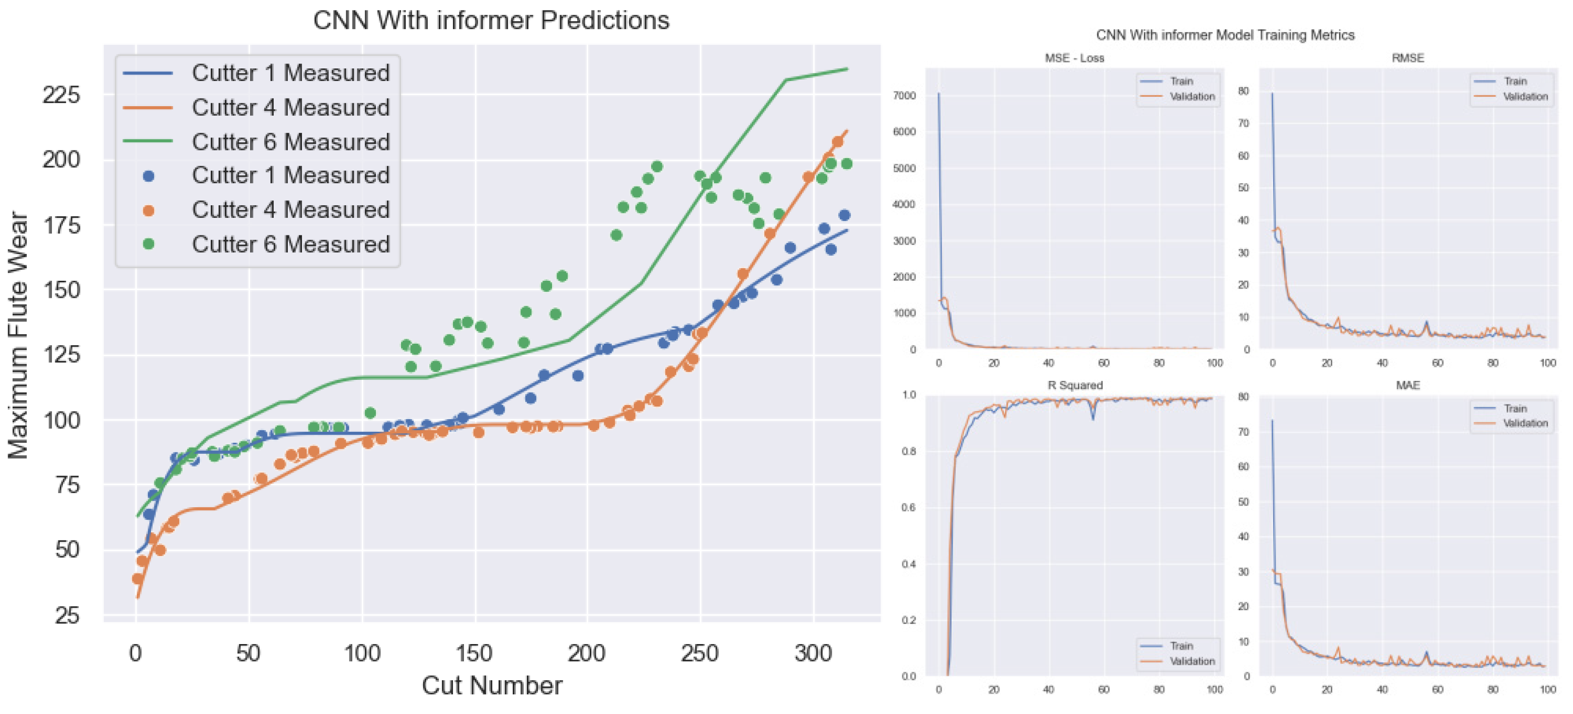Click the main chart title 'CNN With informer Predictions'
(491, 20)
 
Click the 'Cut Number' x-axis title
(492, 685)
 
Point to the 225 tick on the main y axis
(61, 95)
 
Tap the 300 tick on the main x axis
(813, 653)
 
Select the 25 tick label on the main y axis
(67, 615)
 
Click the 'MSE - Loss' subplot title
(1074, 58)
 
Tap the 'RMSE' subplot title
(1407, 58)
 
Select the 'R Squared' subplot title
(1075, 385)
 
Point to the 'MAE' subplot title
(1407, 385)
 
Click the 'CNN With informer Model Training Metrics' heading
(1225, 35)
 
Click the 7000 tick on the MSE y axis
(904, 96)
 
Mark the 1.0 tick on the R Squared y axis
(909, 395)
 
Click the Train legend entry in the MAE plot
(1515, 408)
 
